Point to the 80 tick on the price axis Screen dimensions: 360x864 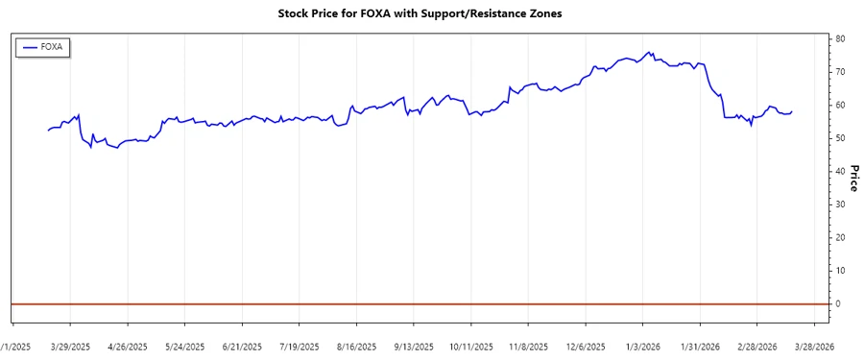(x=840, y=38)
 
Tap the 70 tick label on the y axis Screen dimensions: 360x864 (x=840, y=72)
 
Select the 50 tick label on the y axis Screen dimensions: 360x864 (x=840, y=138)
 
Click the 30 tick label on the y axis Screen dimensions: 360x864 (x=840, y=204)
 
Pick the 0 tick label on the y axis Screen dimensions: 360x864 (x=838, y=303)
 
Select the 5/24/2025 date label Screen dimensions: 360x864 (x=184, y=347)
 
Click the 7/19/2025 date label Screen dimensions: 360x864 (x=299, y=347)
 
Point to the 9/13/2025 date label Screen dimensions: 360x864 (x=413, y=347)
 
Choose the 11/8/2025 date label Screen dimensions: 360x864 (x=527, y=347)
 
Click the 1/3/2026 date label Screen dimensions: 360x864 (x=642, y=347)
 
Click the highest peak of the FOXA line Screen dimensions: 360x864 (x=650, y=52)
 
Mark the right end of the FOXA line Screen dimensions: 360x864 (x=792, y=111)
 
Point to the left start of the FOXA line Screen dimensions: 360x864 (x=48, y=130)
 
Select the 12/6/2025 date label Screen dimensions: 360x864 (x=585, y=347)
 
